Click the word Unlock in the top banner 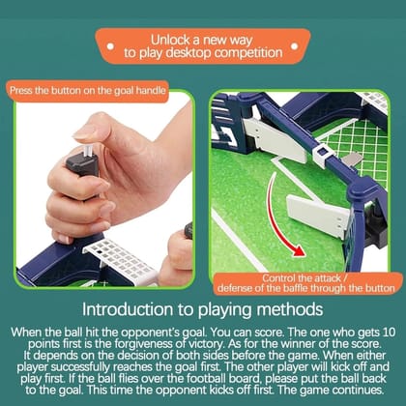click(x=170, y=40)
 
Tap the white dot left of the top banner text click(x=110, y=46)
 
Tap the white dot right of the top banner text click(x=294, y=46)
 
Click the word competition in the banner click(x=248, y=52)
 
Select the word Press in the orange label click(x=21, y=90)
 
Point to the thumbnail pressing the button click(x=84, y=132)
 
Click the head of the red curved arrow click(x=297, y=250)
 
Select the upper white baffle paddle click(x=274, y=140)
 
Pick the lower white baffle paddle click(x=317, y=216)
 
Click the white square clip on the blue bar click(x=321, y=156)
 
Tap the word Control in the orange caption click(x=278, y=278)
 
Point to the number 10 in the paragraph click(x=388, y=333)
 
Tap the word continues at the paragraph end click(x=358, y=391)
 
